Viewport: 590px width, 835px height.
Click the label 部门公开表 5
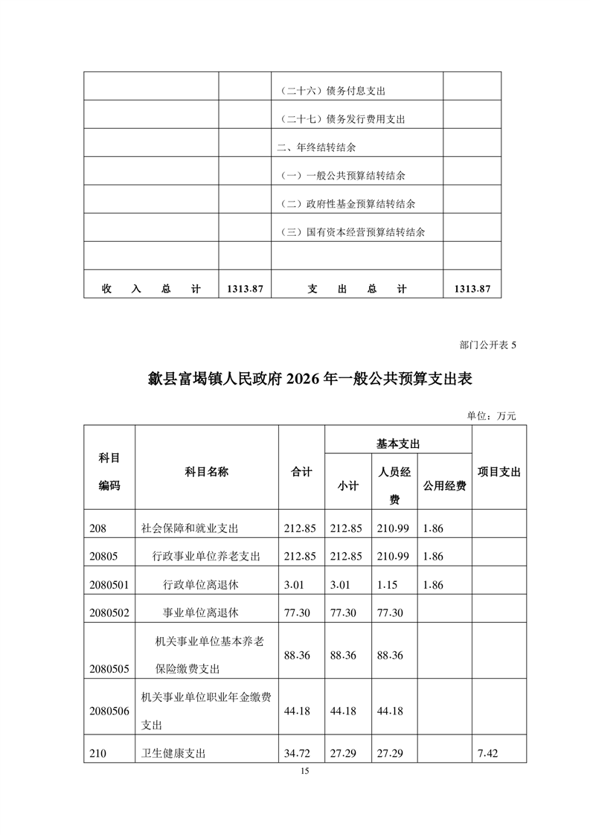click(487, 345)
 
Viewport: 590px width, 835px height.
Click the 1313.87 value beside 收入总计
click(244, 289)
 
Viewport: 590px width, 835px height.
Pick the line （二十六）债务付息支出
click(333, 91)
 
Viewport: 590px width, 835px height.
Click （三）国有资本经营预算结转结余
click(356, 232)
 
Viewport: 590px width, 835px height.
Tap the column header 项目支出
click(498, 472)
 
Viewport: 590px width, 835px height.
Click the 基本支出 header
click(398, 443)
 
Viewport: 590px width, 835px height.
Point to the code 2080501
click(109, 585)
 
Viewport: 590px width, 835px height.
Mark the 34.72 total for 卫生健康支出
click(300, 754)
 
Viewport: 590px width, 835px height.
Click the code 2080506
click(109, 711)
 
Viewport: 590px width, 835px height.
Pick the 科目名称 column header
click(206, 472)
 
